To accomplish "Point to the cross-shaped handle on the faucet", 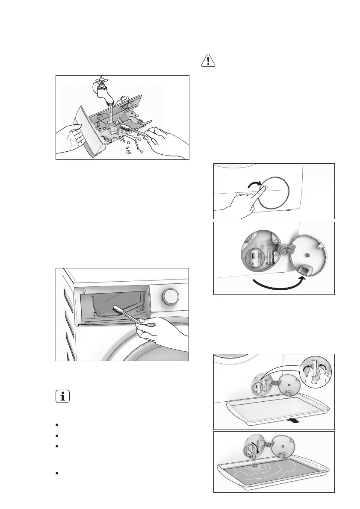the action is pos(99,82).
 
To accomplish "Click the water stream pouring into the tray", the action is pos(254,464).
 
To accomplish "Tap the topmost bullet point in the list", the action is pos(57,425).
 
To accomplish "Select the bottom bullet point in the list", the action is pos(57,473).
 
